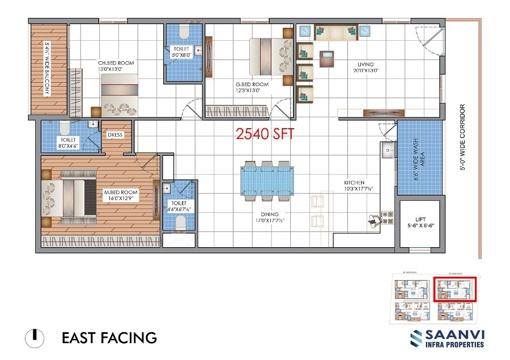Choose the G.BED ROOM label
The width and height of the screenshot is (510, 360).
(252, 87)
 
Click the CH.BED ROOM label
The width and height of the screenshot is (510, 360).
(116, 66)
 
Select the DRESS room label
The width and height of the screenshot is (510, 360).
(115, 135)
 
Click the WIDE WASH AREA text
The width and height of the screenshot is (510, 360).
(418, 161)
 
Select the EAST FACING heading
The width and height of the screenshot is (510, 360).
(109, 338)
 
